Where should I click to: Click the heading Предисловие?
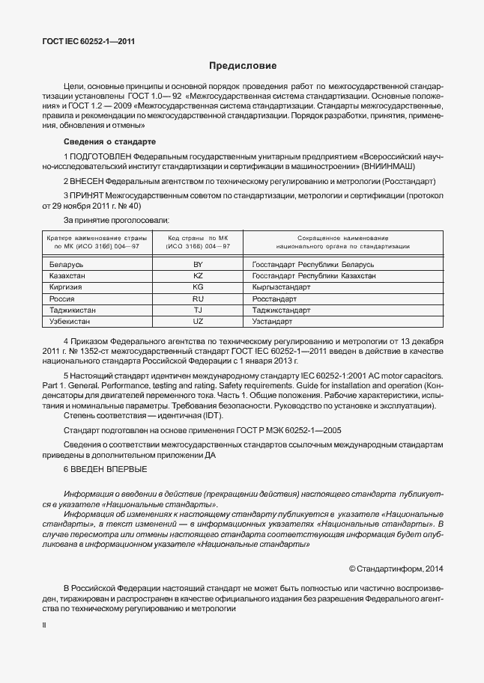point(243,66)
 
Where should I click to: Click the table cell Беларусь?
point(66,265)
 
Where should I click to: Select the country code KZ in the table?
point(198,276)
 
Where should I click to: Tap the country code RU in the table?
point(198,298)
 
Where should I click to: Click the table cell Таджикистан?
point(73,310)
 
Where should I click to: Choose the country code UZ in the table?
point(198,321)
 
